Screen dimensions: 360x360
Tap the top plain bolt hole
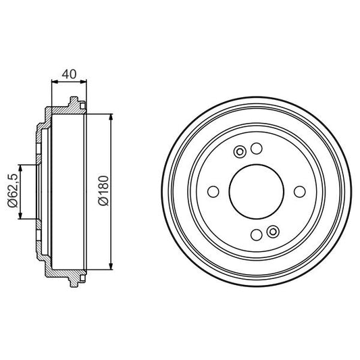(x=256, y=148)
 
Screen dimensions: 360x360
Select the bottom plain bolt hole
(x=256, y=235)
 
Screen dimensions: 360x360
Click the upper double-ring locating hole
(x=239, y=151)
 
